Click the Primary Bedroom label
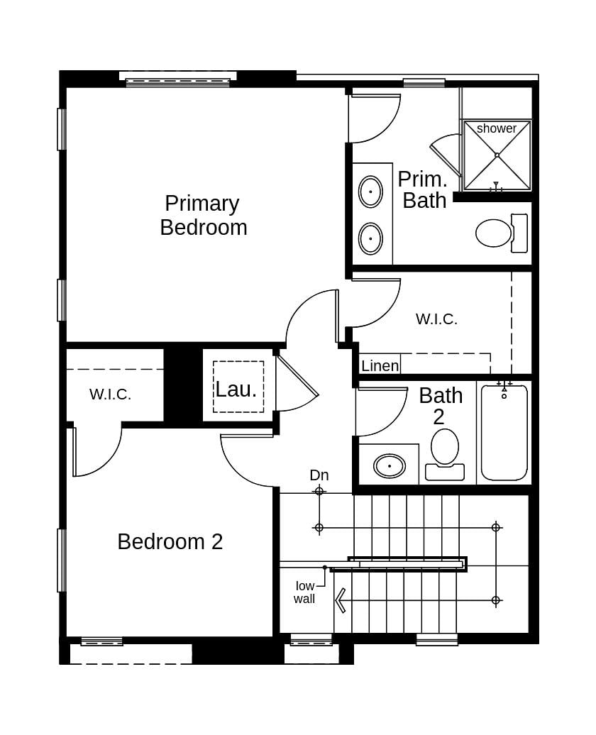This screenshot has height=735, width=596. click(204, 215)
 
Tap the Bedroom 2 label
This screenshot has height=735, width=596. click(170, 542)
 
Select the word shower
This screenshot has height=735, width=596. click(497, 128)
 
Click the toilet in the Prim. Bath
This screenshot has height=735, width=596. click(501, 233)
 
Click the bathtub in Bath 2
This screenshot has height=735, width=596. click(504, 432)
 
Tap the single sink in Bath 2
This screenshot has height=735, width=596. click(390, 466)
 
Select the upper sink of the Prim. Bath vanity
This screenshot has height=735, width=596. click(370, 192)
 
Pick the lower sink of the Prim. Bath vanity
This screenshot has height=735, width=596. click(370, 238)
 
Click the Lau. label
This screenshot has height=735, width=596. click(236, 389)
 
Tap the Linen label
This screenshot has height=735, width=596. click(380, 365)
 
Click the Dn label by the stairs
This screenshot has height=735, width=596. click(319, 475)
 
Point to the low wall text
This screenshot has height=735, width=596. click(305, 592)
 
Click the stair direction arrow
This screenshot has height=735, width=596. click(341, 600)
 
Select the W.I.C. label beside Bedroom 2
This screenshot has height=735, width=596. click(110, 394)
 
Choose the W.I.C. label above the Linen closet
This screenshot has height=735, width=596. click(436, 319)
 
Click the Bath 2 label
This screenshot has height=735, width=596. click(441, 406)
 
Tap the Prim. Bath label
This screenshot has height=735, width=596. click(423, 190)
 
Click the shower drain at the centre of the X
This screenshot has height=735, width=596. click(497, 155)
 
